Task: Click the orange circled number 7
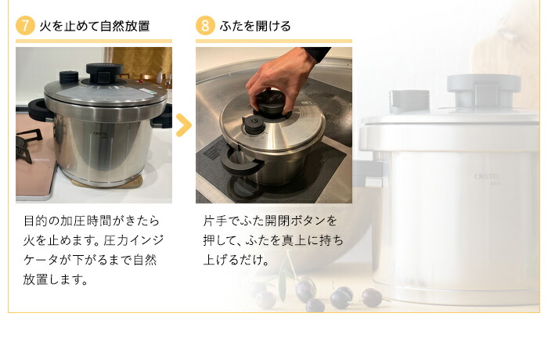pos(26,26)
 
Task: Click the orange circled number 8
pos(205,26)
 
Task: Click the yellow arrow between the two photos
pos(183,124)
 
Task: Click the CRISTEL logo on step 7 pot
pos(100,134)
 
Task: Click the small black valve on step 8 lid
pos(252,123)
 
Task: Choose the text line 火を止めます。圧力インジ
pos(93,239)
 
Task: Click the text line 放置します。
pos(55,278)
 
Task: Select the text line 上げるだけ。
pos(236,259)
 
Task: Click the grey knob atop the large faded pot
pos(484,89)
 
